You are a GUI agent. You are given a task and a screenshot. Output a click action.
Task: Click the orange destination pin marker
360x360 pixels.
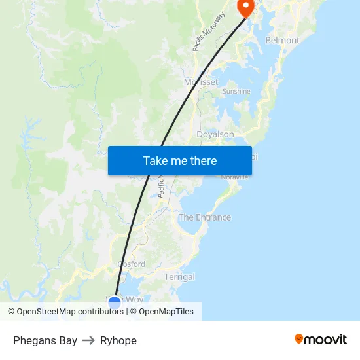pos(245,7)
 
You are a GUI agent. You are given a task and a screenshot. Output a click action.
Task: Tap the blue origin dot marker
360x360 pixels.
pos(115,302)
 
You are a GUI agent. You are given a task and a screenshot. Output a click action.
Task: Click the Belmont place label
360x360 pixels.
pos(282,40)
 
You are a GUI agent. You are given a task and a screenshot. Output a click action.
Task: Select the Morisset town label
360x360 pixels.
pos(201,82)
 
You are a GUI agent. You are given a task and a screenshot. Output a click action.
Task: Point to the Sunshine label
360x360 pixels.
pos(236,92)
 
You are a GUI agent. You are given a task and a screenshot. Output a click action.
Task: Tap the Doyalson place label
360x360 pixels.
pos(215,134)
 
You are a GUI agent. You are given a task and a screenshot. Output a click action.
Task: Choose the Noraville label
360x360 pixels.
pos(234,177)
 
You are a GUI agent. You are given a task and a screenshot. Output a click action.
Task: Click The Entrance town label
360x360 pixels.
pos(205,217)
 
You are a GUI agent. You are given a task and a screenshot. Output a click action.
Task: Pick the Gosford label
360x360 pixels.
pos(132,264)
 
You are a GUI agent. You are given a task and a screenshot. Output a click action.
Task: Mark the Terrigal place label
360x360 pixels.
pos(179,277)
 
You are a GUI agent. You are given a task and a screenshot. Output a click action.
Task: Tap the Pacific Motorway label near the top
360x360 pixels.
pos(209,32)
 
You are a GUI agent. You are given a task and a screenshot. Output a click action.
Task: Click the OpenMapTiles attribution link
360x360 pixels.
pos(162,312)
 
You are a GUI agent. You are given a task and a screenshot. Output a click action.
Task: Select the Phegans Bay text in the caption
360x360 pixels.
pos(45,340)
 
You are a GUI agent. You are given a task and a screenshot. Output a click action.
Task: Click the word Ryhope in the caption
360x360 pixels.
pos(118,340)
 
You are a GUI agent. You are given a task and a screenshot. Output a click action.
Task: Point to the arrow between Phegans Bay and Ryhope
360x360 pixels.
pos(88,340)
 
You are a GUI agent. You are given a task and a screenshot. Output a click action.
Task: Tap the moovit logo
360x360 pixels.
pos(320,339)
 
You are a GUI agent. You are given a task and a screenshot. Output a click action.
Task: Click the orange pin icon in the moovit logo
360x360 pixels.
pos(299,339)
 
